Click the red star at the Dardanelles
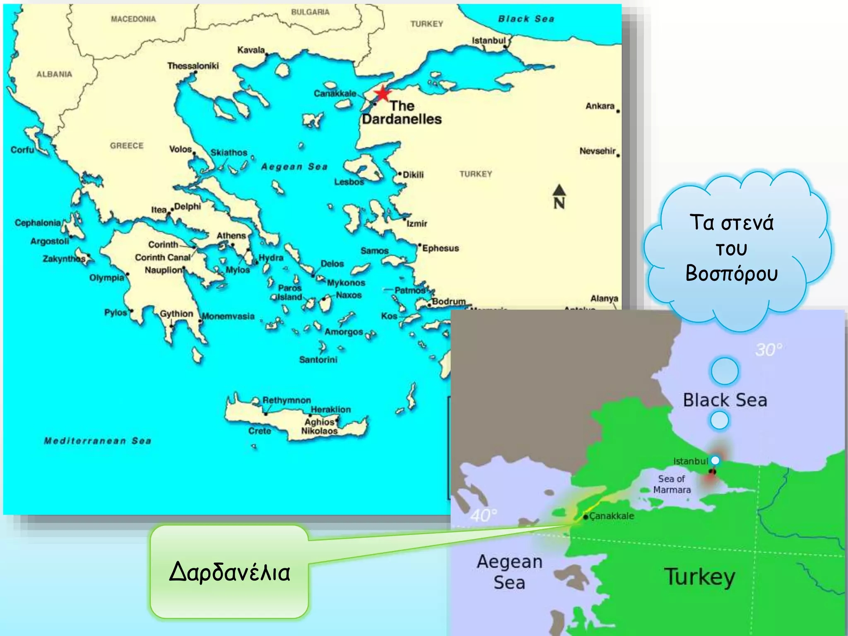tap(383, 94)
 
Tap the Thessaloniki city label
tap(193, 66)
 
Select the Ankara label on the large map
tap(600, 106)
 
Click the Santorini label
tap(318, 359)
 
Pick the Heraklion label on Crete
tap(330, 409)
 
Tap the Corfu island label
tap(22, 149)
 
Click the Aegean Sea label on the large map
tap(294, 166)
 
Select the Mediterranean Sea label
tap(98, 441)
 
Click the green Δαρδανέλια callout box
tap(229, 572)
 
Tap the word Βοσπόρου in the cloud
tap(731, 273)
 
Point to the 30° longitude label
tap(768, 350)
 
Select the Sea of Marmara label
tap(672, 484)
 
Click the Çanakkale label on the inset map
tap(612, 516)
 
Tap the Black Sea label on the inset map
tap(725, 400)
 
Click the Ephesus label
tap(440, 248)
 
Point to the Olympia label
tap(106, 277)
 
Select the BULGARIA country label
tap(310, 12)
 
